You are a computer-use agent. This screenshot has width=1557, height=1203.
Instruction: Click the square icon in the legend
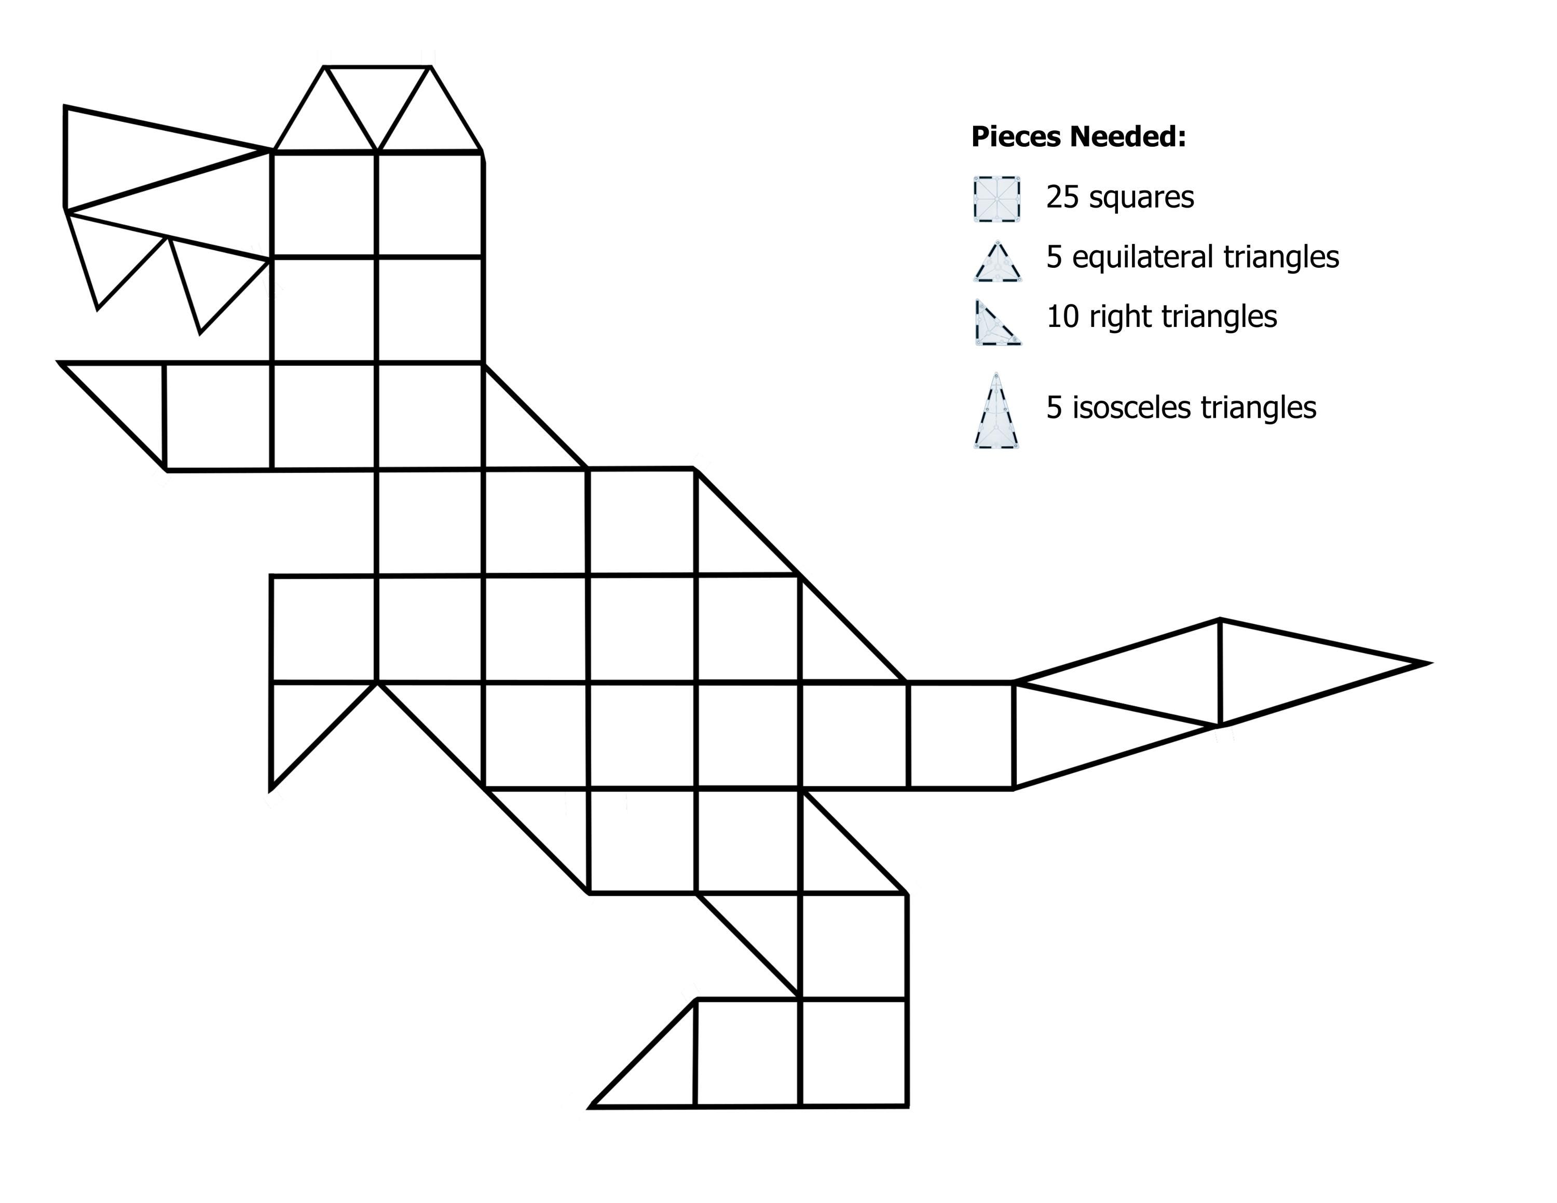point(996,199)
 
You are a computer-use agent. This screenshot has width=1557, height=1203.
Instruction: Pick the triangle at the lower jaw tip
point(130,399)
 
